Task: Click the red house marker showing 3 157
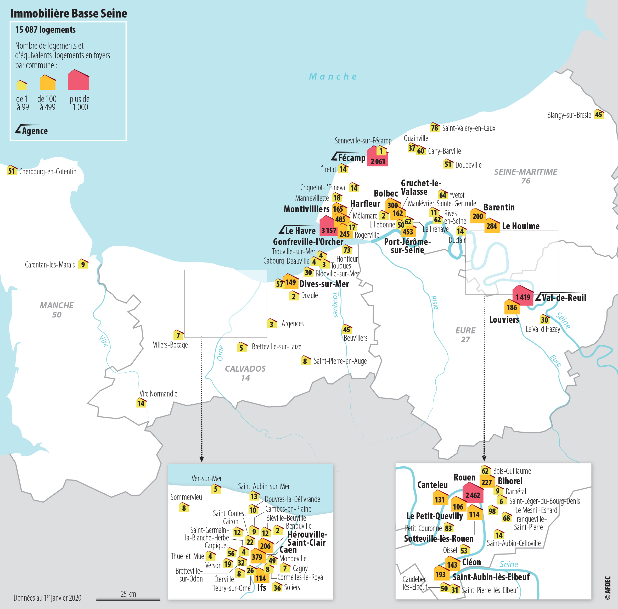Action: coord(328,228)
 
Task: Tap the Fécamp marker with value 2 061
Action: coord(378,159)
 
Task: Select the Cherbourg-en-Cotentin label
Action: coord(48,171)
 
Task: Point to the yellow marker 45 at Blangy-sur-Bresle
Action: coord(598,115)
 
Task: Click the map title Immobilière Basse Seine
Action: coord(69,13)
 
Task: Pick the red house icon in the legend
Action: coord(78,80)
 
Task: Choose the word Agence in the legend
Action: coord(35,131)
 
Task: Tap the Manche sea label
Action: coord(333,76)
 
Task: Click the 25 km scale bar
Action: coord(128,599)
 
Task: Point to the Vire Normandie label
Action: coord(158,393)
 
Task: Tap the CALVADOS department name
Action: coord(245,369)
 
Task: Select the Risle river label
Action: coord(435,302)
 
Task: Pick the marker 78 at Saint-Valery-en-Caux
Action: coord(435,128)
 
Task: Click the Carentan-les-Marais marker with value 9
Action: coord(83,264)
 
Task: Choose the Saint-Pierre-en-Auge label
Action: coord(340,361)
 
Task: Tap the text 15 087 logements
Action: coord(46,30)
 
